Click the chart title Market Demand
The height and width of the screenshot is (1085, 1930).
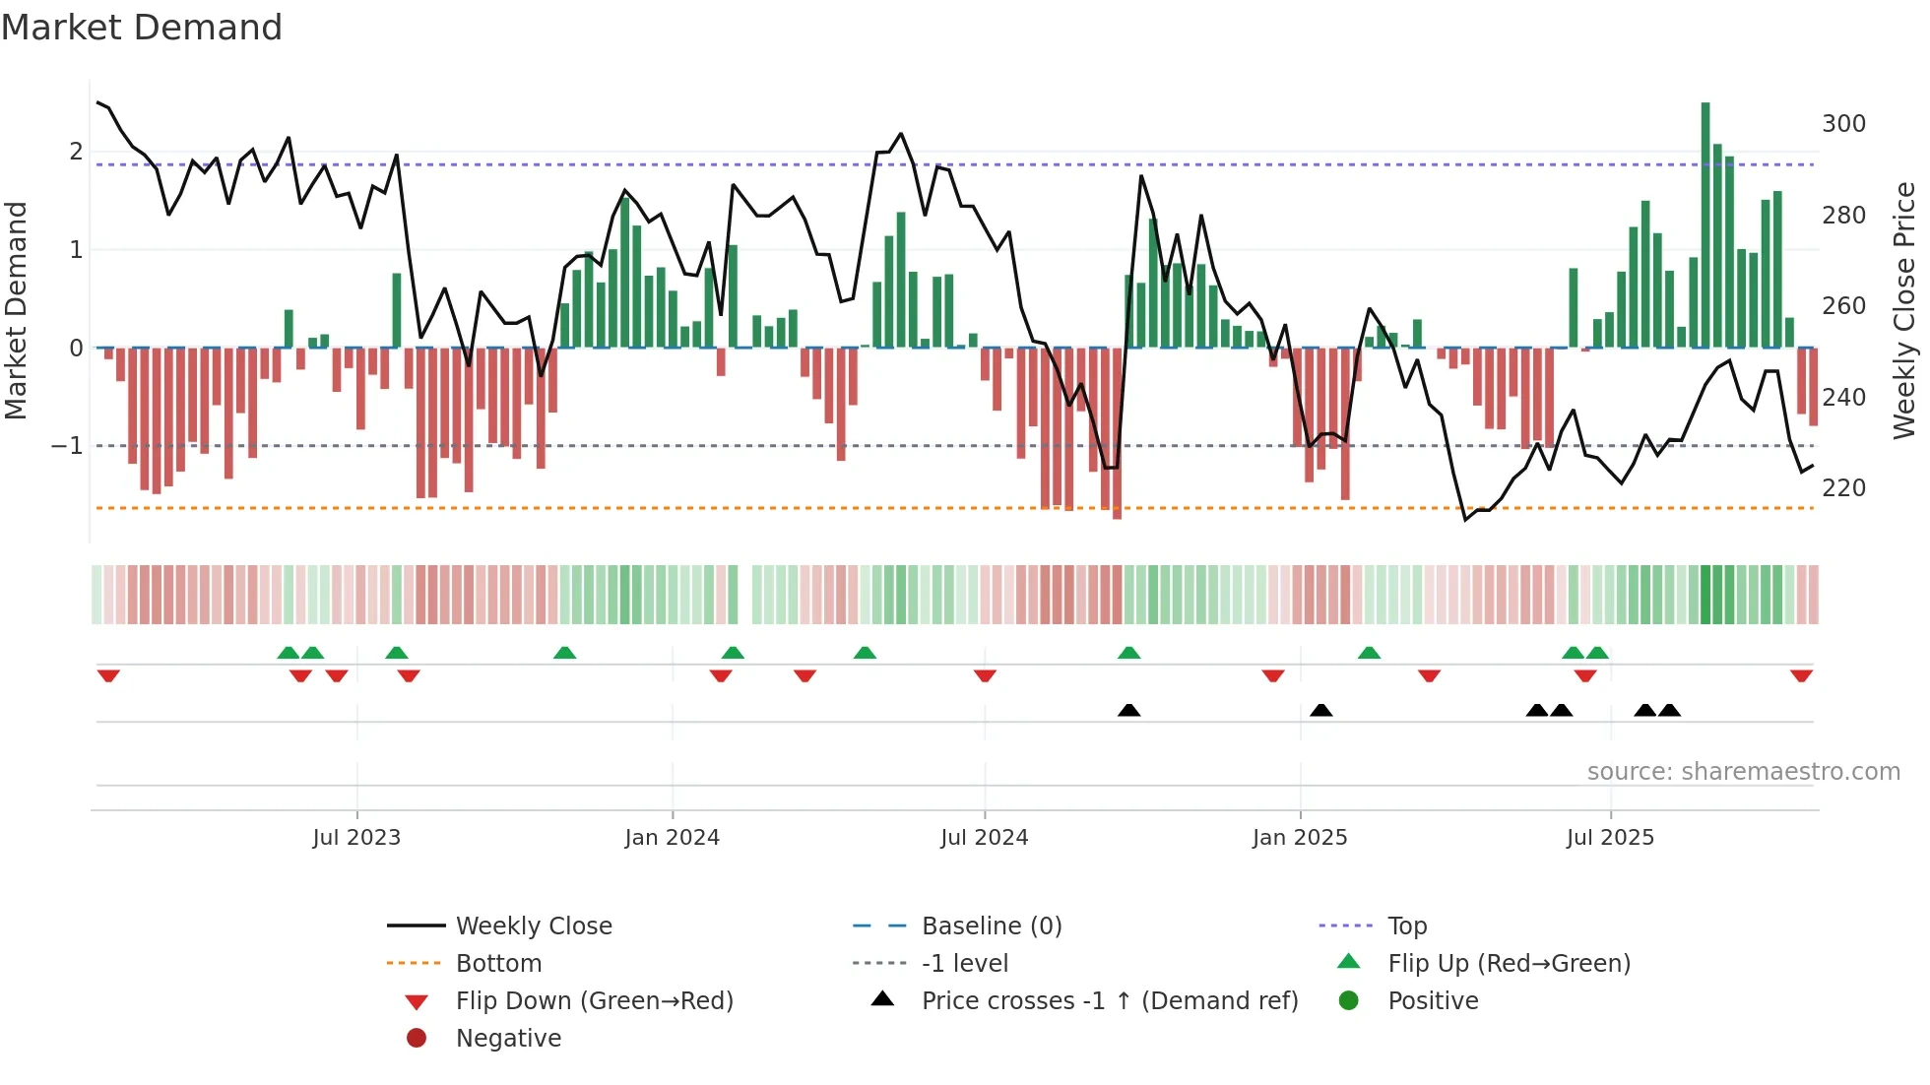[142, 28]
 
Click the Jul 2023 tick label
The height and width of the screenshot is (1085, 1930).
[356, 838]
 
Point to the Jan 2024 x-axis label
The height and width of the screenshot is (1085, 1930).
[672, 838]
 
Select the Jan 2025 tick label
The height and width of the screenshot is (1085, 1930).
[1300, 838]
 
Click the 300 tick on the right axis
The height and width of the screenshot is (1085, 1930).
[1843, 124]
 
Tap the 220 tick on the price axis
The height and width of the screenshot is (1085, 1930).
[1843, 488]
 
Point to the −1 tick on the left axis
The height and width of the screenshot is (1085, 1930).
[67, 446]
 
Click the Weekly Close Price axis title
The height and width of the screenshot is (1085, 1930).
[1904, 310]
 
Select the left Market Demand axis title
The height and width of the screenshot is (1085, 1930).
[16, 310]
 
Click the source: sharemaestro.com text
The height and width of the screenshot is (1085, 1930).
[1743, 772]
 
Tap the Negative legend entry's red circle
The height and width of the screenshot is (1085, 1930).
[417, 1039]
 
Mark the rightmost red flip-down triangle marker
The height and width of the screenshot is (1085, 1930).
[1801, 675]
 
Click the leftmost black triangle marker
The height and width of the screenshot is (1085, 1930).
[1129, 710]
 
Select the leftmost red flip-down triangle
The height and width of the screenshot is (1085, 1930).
[108, 675]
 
